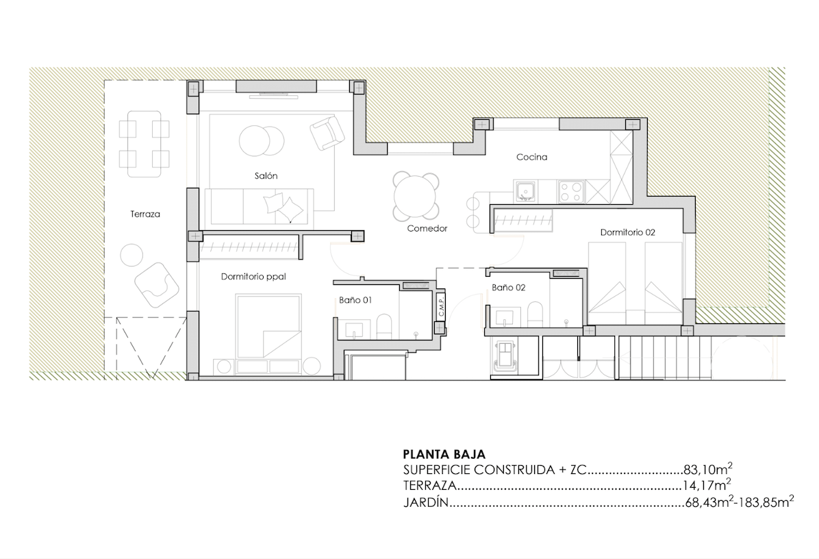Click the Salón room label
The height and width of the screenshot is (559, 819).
(x=266, y=176)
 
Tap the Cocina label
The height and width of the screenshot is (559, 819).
(x=531, y=157)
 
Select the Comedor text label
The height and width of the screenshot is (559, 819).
(x=427, y=228)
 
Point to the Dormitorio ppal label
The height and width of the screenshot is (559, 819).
(x=253, y=277)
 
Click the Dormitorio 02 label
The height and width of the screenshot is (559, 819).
(x=627, y=232)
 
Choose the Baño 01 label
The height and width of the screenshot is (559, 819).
(x=355, y=301)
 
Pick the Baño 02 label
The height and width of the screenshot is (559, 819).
(x=508, y=287)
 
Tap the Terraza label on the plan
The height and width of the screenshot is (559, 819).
(x=145, y=214)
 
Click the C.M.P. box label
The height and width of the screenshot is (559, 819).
(x=442, y=307)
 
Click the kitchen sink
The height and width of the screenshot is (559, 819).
(x=525, y=192)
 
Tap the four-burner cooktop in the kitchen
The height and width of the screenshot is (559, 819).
(x=571, y=192)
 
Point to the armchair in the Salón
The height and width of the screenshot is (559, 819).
(x=327, y=132)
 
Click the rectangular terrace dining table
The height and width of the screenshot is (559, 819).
(x=144, y=144)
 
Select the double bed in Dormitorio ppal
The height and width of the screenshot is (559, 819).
(x=268, y=327)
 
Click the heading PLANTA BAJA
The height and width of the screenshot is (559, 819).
(x=444, y=454)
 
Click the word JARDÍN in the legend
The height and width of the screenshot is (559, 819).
(x=426, y=503)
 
